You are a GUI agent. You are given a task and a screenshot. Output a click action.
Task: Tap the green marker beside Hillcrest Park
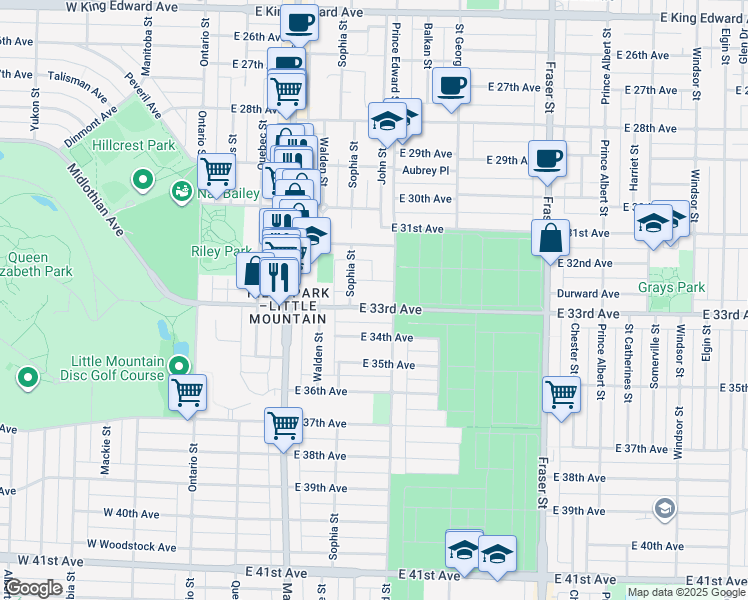pos(143,181)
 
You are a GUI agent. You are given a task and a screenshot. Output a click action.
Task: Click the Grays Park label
pos(679,287)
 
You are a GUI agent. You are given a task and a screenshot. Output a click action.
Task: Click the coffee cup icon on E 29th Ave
pos(547,158)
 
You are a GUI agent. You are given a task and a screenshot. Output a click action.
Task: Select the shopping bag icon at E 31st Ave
pos(550,239)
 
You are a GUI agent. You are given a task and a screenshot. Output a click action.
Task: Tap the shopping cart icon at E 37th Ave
pos(283,425)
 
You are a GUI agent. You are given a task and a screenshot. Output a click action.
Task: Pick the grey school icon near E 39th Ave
pos(664,510)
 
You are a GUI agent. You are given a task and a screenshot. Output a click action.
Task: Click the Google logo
pos(33,588)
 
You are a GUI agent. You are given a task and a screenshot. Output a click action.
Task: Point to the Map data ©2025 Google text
pos(684,592)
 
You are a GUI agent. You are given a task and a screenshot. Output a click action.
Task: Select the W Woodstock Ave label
pos(131,546)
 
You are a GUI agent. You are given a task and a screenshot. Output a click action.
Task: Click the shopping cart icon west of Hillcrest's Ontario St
pos(216,169)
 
